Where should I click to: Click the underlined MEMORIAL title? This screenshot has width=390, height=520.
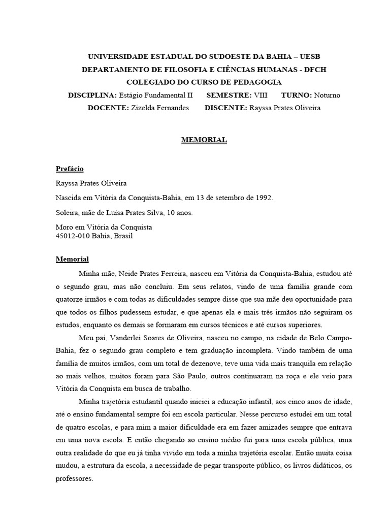coord(204,140)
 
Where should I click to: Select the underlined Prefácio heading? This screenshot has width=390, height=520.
coord(70,169)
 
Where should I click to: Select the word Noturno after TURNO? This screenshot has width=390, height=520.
coord(327,95)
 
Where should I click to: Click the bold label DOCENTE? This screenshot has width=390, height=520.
coord(108,108)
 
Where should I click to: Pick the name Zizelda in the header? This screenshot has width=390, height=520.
coord(145,108)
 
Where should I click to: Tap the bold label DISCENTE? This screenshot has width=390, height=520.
coord(225,108)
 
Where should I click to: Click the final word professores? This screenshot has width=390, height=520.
coord(75,478)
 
